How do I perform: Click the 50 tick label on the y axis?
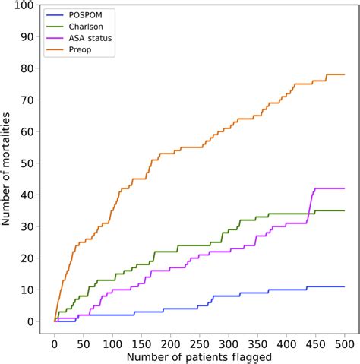coord(28,163)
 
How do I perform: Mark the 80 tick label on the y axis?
coord(28,68)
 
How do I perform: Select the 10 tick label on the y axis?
coord(28,290)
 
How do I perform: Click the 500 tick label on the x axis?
coord(345,343)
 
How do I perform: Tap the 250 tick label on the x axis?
coord(200,343)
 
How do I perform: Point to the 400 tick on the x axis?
coord(287,343)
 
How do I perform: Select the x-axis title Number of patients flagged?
coord(200,356)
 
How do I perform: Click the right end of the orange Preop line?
coord(345,74)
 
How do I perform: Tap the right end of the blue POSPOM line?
coord(345,286)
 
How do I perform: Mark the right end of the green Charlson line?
coord(345,210)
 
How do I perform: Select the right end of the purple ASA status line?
coord(345,188)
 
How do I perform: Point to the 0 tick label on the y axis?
coord(31,321)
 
